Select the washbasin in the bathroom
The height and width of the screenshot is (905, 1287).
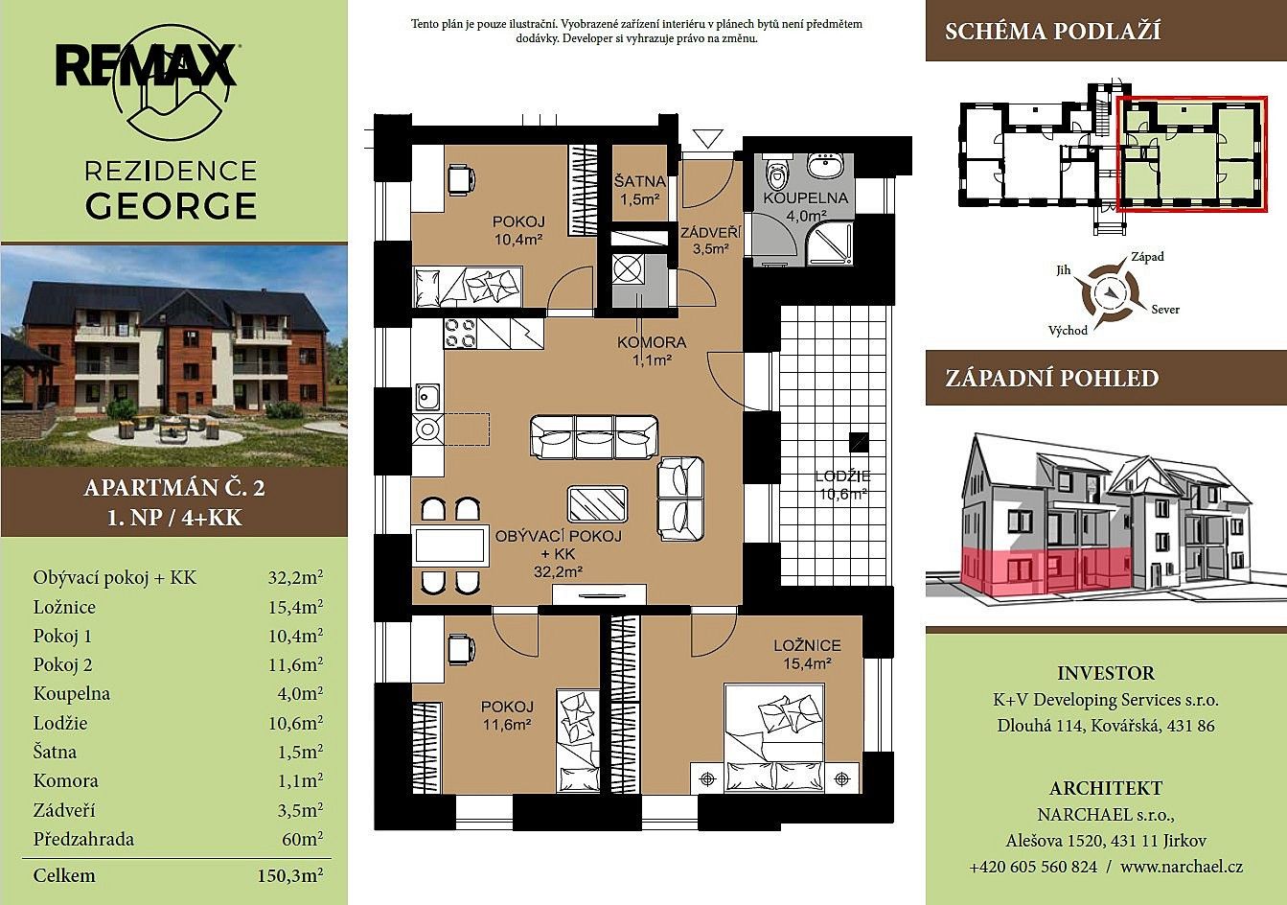[826, 164]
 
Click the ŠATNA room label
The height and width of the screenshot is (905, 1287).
[639, 181]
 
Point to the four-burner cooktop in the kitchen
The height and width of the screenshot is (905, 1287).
[461, 334]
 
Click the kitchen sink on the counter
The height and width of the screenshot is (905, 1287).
[426, 397]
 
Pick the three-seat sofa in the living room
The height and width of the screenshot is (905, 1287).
[594, 437]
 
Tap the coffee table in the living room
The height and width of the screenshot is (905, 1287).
[598, 504]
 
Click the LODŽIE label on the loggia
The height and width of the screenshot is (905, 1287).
[843, 476]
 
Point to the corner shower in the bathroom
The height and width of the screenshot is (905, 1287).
[830, 244]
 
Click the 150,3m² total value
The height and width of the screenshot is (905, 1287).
[290, 875]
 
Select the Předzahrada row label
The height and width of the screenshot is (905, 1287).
[84, 839]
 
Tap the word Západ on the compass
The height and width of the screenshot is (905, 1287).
[1147, 257]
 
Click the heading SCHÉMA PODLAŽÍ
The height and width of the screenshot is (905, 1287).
[1052, 31]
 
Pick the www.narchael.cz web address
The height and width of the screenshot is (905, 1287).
[1182, 867]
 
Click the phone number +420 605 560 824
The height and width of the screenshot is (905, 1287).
[1033, 867]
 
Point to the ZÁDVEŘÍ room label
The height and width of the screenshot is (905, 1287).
[710, 233]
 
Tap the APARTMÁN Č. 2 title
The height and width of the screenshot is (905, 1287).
[174, 488]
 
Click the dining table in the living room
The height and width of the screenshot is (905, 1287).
[449, 545]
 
